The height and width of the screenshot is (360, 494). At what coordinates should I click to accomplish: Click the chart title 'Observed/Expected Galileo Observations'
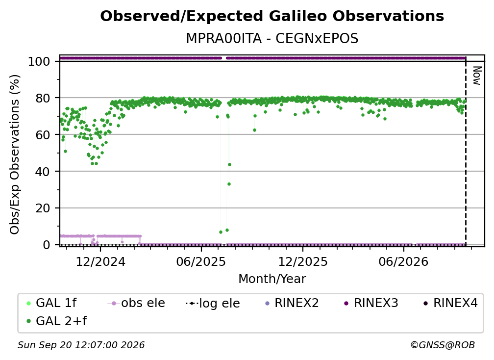pos(272,16)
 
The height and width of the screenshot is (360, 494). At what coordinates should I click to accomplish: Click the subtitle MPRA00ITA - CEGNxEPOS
pos(272,38)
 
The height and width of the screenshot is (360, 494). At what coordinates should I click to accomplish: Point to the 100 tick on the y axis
pos(39,61)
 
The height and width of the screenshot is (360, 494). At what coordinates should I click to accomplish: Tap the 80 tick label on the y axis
pos(43,98)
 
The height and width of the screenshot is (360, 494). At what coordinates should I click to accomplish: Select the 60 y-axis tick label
pos(43,134)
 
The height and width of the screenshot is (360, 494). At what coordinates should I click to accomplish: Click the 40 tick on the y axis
pos(43,172)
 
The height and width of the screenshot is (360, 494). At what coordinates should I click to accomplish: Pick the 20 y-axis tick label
pos(43,208)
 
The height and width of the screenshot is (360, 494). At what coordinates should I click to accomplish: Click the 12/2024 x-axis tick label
pos(100,261)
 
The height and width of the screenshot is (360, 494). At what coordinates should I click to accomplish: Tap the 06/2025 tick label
pos(201,261)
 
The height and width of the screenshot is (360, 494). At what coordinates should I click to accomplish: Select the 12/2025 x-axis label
pos(303,261)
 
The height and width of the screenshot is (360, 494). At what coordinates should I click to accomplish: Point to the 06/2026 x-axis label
pos(404,261)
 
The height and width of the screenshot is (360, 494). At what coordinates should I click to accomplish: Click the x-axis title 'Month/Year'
pos(272,279)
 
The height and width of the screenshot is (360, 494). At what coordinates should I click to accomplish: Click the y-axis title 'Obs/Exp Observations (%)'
pos(15,154)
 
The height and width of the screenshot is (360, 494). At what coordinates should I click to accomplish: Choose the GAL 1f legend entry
pos(51,303)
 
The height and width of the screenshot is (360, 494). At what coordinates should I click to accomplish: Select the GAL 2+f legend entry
pos(56,321)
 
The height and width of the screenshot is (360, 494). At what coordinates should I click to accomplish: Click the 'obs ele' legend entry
pos(136,303)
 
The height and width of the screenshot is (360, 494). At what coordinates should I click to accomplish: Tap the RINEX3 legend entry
pos(371,303)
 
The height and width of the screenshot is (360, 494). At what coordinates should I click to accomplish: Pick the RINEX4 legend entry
pos(450,303)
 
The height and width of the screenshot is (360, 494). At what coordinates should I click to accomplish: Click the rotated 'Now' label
pos(477,76)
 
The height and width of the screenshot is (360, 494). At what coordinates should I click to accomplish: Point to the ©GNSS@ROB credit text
pos(443,345)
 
